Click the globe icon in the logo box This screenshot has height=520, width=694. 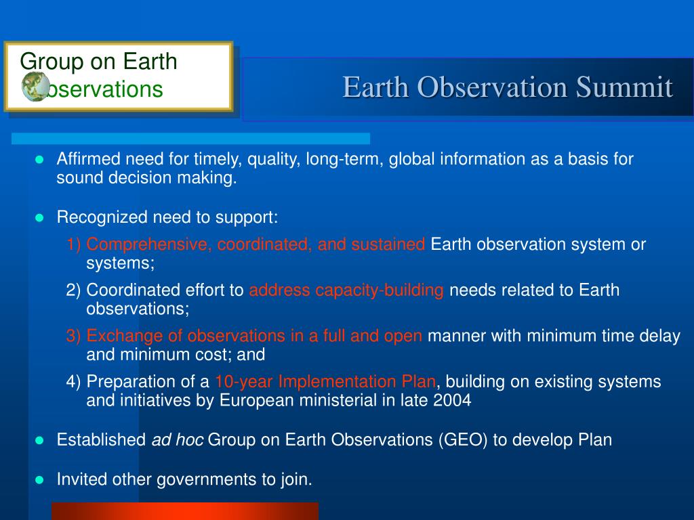click(x=36, y=87)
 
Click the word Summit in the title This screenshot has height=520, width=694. click(x=624, y=87)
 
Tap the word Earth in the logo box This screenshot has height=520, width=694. click(x=150, y=61)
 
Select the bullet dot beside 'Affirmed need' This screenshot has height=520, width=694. click(x=39, y=159)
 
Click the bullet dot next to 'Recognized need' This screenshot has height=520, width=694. click(x=39, y=217)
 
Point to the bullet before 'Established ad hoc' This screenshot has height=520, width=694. click(x=39, y=440)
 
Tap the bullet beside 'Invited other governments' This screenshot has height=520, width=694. click(x=39, y=480)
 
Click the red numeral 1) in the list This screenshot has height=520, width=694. click(x=73, y=244)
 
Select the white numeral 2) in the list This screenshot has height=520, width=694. click(x=73, y=290)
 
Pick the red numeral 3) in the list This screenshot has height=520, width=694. click(x=73, y=336)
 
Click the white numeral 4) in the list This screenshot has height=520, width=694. click(x=73, y=382)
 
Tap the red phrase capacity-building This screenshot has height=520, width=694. click(x=380, y=290)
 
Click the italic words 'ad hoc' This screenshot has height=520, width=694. click(x=178, y=440)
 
